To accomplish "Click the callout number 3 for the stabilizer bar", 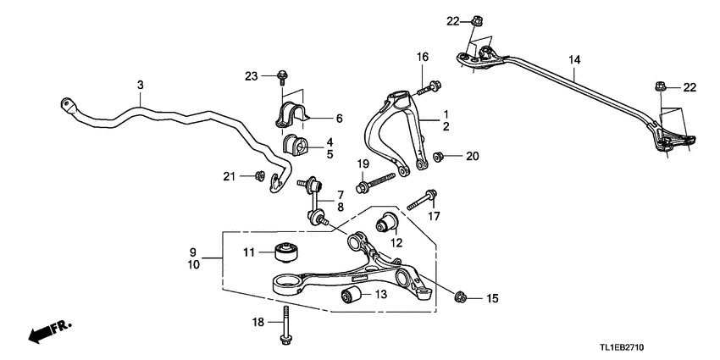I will coord(141,85).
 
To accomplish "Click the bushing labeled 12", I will coord(388,224).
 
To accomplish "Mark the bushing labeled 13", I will coord(352,296).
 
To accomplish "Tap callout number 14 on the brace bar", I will coord(574,60).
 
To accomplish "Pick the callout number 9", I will coord(193,252).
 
